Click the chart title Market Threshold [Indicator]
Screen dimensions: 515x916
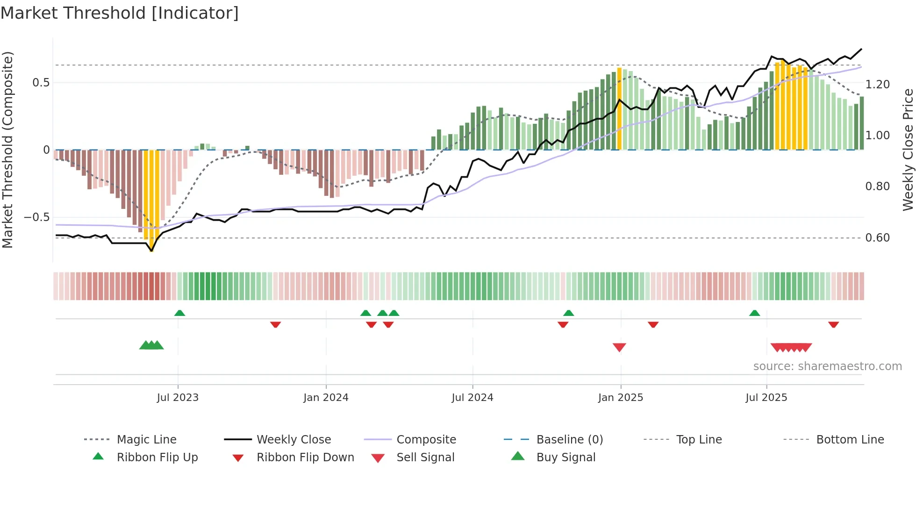pyautogui.click(x=120, y=13)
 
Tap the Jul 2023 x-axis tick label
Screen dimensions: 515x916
pyautogui.click(x=178, y=398)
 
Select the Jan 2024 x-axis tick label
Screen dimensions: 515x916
pyautogui.click(x=326, y=398)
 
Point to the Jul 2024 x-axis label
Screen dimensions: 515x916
pyautogui.click(x=472, y=398)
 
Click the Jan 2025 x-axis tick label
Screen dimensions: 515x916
pyautogui.click(x=621, y=398)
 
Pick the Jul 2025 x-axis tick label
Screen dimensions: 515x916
pyautogui.click(x=766, y=398)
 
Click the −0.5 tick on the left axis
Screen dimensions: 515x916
pyautogui.click(x=36, y=217)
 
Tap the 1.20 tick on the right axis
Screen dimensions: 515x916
pyautogui.click(x=877, y=85)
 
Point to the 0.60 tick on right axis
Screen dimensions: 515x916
pyautogui.click(x=877, y=238)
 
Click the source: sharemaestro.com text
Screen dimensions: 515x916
pyautogui.click(x=827, y=366)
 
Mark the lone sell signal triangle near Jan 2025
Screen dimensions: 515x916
pyautogui.click(x=619, y=347)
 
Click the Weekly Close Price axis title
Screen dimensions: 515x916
pyautogui.click(x=908, y=150)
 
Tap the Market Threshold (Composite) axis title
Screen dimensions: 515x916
pyautogui.click(x=7, y=150)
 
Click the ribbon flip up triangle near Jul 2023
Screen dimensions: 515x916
pyautogui.click(x=179, y=313)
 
